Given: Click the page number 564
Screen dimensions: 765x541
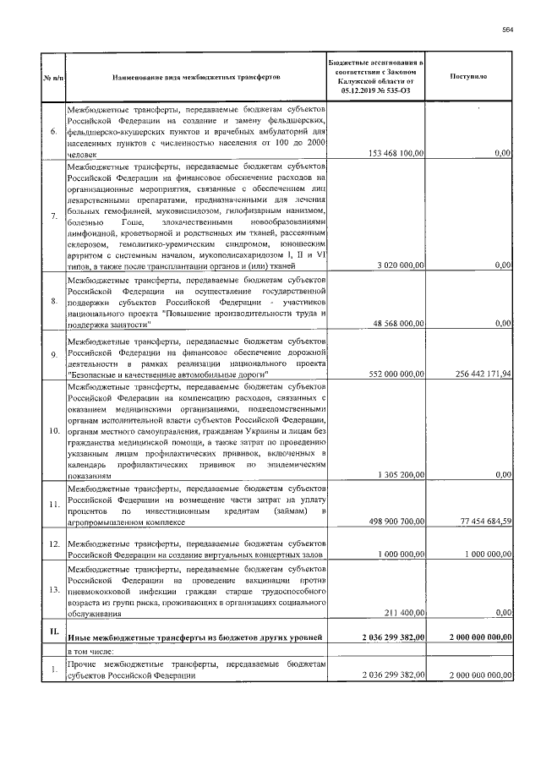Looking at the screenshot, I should click(507, 30).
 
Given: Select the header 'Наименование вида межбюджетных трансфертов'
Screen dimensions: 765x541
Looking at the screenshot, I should click(196, 77).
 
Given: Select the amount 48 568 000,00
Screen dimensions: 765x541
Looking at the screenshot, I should click(401, 323).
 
